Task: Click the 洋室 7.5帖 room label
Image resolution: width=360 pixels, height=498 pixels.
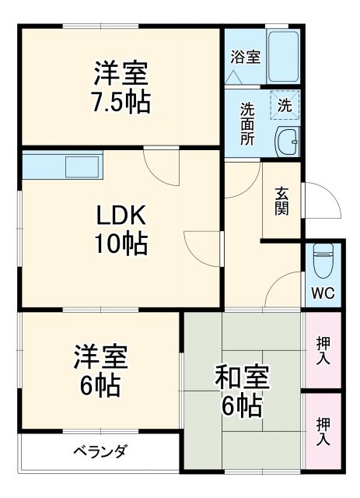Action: point(121,89)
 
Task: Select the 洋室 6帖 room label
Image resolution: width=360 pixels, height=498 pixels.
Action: point(100,370)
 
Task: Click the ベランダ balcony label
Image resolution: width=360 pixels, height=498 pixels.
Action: point(100,451)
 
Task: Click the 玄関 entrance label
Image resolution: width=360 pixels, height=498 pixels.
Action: point(281,200)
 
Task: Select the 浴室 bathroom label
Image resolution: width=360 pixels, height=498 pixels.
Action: point(245,57)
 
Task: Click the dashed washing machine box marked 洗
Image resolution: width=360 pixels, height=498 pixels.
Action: point(285,105)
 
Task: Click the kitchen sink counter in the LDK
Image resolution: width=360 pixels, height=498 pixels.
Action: point(62,166)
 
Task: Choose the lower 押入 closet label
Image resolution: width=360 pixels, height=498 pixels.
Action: point(323,430)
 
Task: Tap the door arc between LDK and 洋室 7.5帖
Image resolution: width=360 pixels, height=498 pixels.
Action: point(162,166)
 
